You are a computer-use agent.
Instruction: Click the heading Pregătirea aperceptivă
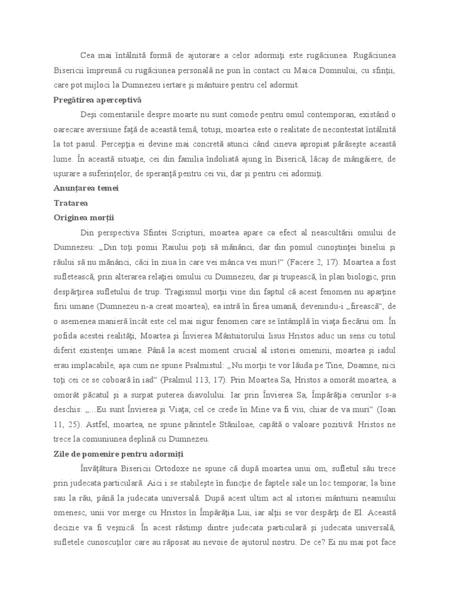coord(97,100)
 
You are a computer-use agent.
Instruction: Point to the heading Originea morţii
coord(84,217)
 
